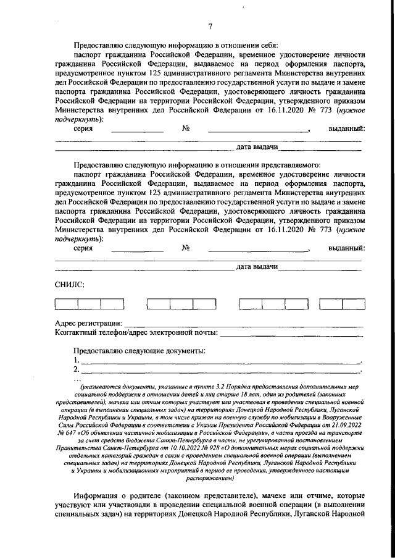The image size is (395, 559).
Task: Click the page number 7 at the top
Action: pos(209,26)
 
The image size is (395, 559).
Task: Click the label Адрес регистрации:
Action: pos(88,323)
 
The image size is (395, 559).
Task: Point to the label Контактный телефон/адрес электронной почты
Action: pos(135,333)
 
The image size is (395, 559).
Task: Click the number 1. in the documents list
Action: pos(76,360)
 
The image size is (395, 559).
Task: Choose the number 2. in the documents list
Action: pos(76,369)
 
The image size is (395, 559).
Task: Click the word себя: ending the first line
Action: pos(267,45)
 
